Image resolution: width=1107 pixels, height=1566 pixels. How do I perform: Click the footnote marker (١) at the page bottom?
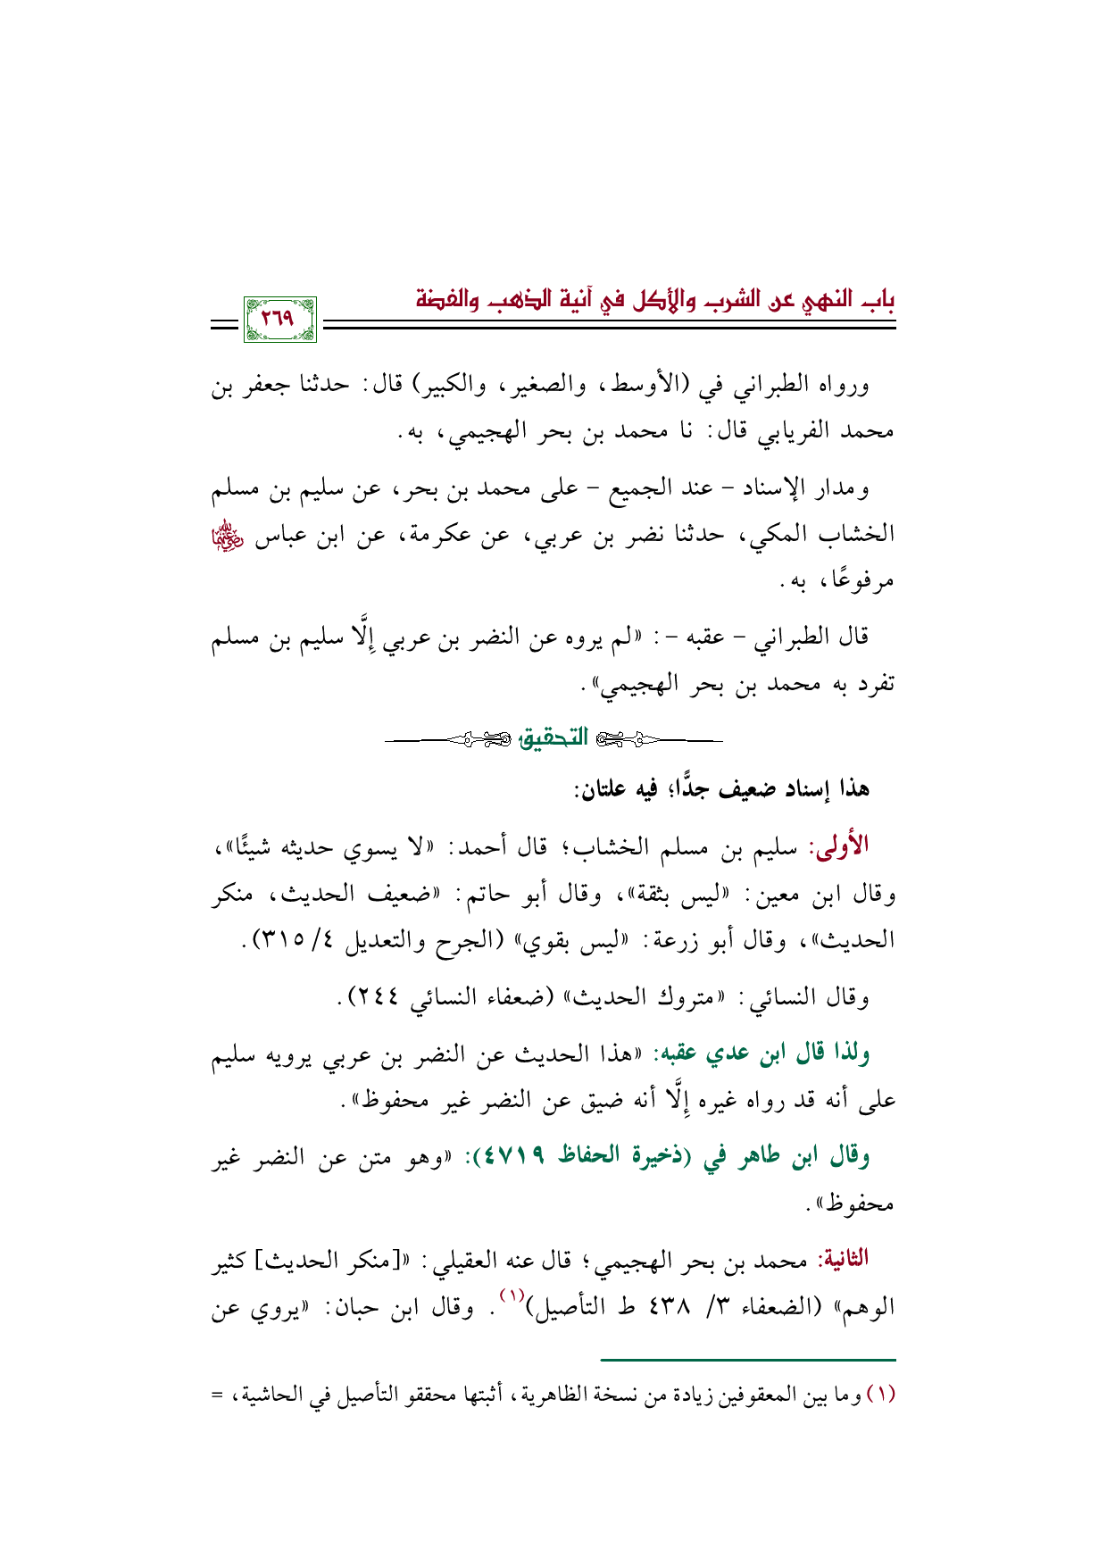point(881,1395)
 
